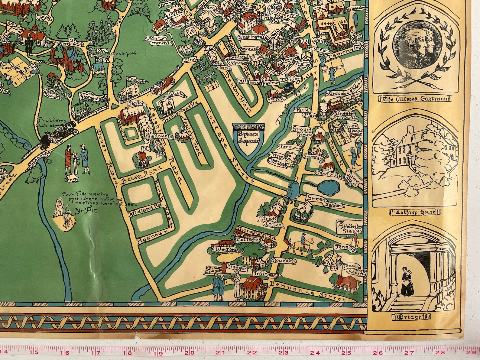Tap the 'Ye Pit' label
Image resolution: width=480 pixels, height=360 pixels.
pos(84,211)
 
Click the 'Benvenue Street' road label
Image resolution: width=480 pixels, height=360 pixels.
pos(308,291)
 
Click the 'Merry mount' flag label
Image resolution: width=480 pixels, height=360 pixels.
pos(161,41)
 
